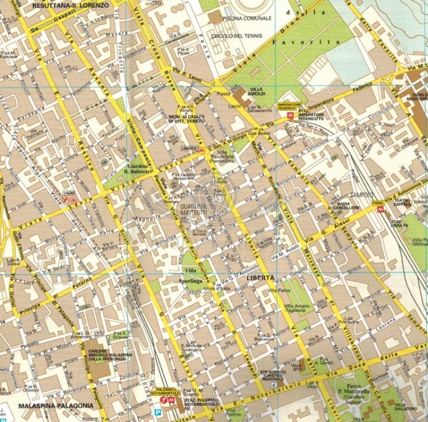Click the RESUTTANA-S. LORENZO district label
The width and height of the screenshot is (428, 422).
(71, 5)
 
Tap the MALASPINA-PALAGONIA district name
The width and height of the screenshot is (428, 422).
(55, 406)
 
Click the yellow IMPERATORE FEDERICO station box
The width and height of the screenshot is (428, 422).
(289, 106)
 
